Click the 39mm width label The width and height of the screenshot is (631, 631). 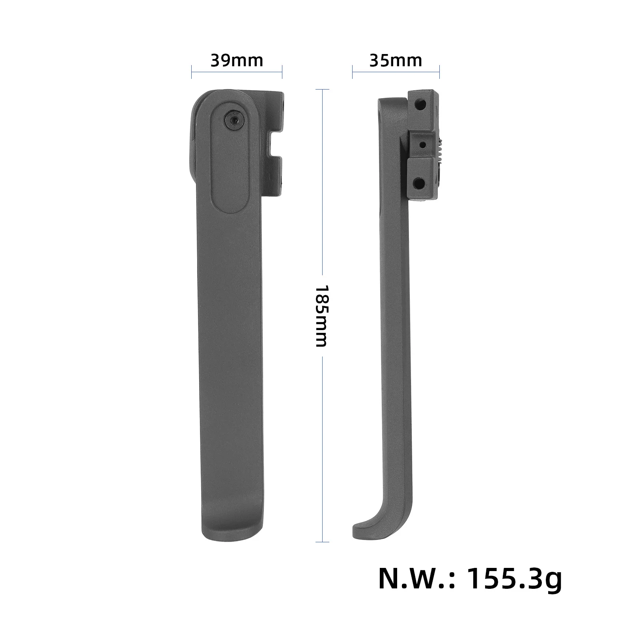(237, 61)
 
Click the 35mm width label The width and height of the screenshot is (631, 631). (396, 61)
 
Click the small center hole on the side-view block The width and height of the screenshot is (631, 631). (422, 144)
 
